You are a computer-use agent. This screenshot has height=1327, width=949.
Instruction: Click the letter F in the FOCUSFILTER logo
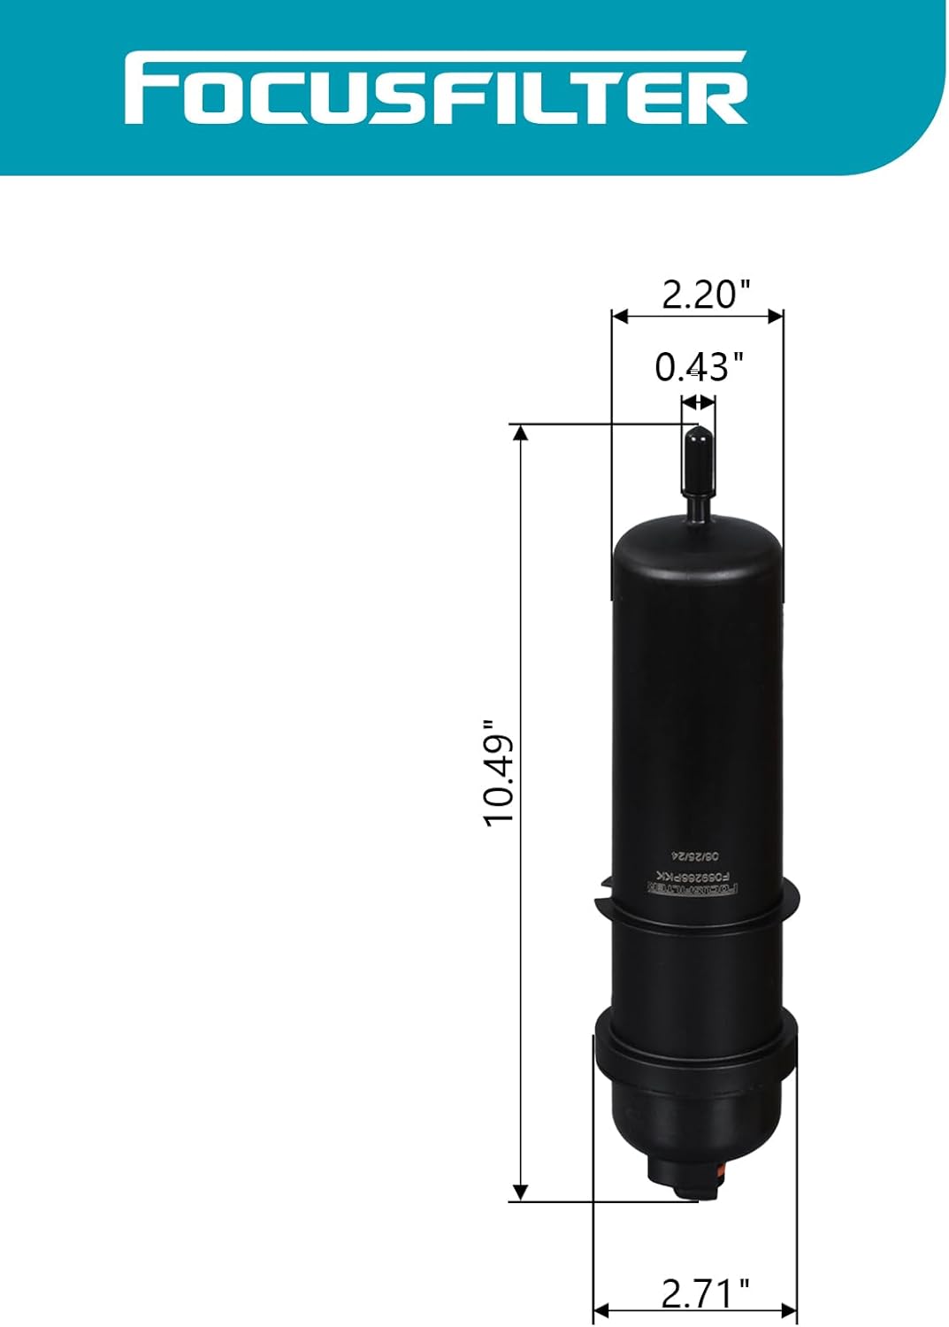[147, 89]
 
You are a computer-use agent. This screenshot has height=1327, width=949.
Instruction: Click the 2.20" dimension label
[706, 294]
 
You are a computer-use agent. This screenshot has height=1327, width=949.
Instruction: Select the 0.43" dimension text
[699, 366]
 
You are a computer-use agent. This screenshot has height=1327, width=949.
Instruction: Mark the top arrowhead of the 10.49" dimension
[521, 433]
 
